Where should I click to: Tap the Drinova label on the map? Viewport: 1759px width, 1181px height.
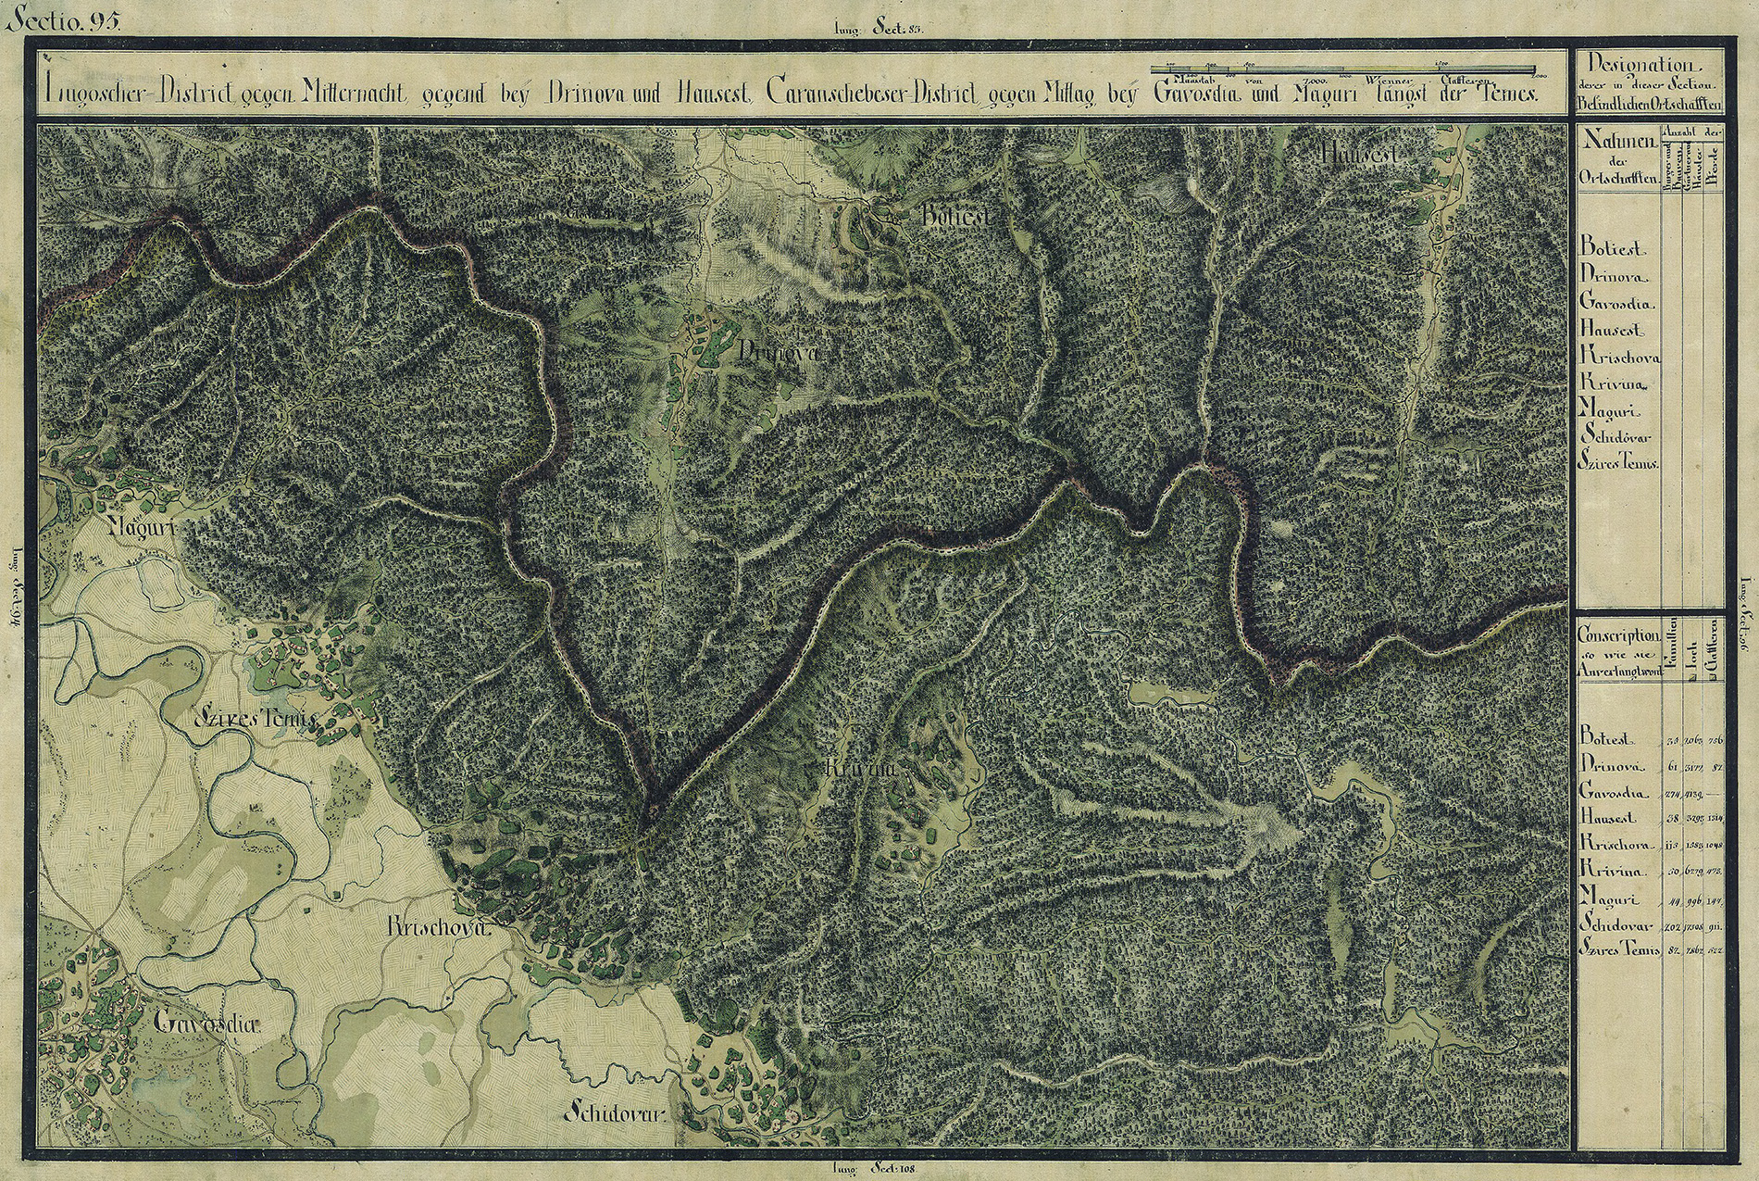(779, 353)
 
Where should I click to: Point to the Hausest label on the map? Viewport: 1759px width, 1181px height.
(1358, 155)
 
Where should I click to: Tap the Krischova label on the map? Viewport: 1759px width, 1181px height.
(435, 927)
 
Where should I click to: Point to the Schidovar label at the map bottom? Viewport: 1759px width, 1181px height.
(614, 1113)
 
